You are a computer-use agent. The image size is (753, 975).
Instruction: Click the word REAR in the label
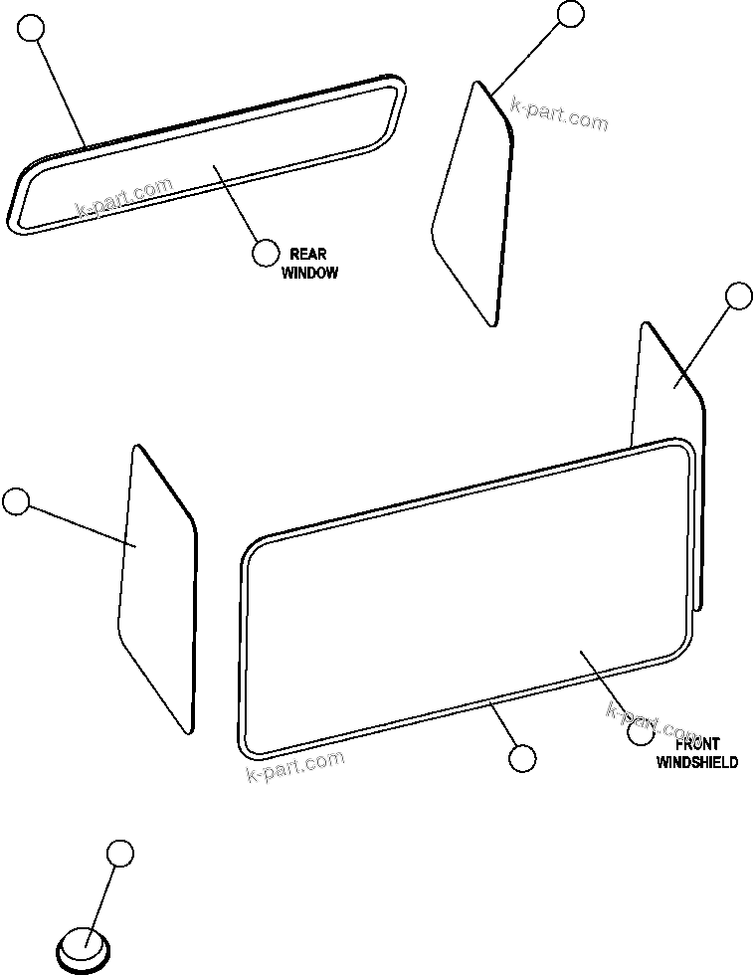tap(307, 255)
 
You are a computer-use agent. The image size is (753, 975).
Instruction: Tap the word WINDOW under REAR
tap(309, 273)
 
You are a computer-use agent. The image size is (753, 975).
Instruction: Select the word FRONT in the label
tap(697, 744)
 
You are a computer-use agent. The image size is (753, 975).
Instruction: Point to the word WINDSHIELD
tap(697, 762)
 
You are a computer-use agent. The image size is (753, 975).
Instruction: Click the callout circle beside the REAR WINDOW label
tap(265, 253)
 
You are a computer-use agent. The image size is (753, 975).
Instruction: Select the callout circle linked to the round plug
tap(119, 853)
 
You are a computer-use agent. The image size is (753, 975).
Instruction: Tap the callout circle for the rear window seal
tap(33, 28)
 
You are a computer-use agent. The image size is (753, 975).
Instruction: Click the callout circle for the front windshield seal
tap(521, 758)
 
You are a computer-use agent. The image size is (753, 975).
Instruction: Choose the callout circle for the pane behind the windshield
tap(738, 295)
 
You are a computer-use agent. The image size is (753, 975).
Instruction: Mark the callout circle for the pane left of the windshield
tap(16, 501)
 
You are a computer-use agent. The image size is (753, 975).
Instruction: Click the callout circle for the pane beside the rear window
tap(570, 13)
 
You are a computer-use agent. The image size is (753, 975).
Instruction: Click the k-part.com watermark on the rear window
tap(124, 198)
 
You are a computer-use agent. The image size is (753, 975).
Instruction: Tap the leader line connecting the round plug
tap(101, 896)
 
